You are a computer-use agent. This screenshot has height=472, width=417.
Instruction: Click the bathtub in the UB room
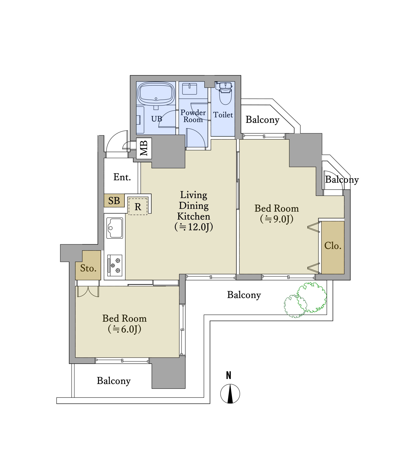[x=156, y=94]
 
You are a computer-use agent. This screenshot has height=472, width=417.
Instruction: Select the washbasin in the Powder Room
[x=189, y=89]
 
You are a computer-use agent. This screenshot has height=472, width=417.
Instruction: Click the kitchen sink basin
[x=115, y=228]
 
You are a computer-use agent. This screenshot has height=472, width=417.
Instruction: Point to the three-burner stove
[x=115, y=265]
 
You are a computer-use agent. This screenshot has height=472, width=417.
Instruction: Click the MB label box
[x=144, y=148]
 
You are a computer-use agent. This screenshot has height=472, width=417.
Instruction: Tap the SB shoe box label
[x=114, y=201]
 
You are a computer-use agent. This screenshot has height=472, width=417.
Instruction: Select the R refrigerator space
[x=138, y=206]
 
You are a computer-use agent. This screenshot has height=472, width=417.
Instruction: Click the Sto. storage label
[x=88, y=268]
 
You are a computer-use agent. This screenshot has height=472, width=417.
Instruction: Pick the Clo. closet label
[x=333, y=246]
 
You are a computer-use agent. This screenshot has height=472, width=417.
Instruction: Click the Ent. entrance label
[x=122, y=177]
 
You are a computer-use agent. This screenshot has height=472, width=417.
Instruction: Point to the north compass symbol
[x=230, y=394]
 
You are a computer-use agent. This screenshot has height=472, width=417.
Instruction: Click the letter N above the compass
[x=229, y=375]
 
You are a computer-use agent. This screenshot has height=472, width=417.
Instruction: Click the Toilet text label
[x=223, y=115]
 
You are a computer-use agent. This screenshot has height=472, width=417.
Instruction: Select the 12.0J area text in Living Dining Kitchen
[x=194, y=227]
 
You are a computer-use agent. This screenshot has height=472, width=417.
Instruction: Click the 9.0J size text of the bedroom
[x=277, y=219]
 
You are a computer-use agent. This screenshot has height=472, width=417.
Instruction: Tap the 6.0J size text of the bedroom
[x=125, y=329]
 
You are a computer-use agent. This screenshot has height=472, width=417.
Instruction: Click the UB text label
[x=157, y=119]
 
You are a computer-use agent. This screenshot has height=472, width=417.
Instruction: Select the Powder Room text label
[x=193, y=116]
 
